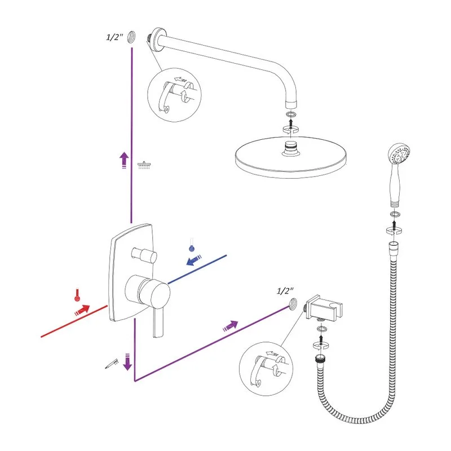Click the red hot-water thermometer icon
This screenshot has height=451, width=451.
(x=77, y=295)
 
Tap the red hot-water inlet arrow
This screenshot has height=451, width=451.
(x=82, y=309)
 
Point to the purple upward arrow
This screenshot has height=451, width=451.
(x=124, y=160)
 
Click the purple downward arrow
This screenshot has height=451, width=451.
(x=127, y=362)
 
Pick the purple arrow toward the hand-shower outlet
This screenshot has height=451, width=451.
(x=231, y=326)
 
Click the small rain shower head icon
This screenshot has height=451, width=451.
(x=144, y=165)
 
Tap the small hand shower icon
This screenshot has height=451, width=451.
(x=112, y=364)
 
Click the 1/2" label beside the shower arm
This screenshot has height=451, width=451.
(x=115, y=37)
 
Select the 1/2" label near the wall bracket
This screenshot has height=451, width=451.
(x=285, y=291)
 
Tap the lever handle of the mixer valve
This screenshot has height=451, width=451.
(x=158, y=321)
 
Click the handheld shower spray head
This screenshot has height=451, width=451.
(x=399, y=153)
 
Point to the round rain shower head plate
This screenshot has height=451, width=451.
(x=291, y=157)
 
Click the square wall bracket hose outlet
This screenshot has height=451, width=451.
(x=324, y=308)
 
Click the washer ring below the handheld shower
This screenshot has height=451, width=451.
(x=395, y=214)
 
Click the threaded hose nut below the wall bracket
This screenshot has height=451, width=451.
(x=320, y=359)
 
